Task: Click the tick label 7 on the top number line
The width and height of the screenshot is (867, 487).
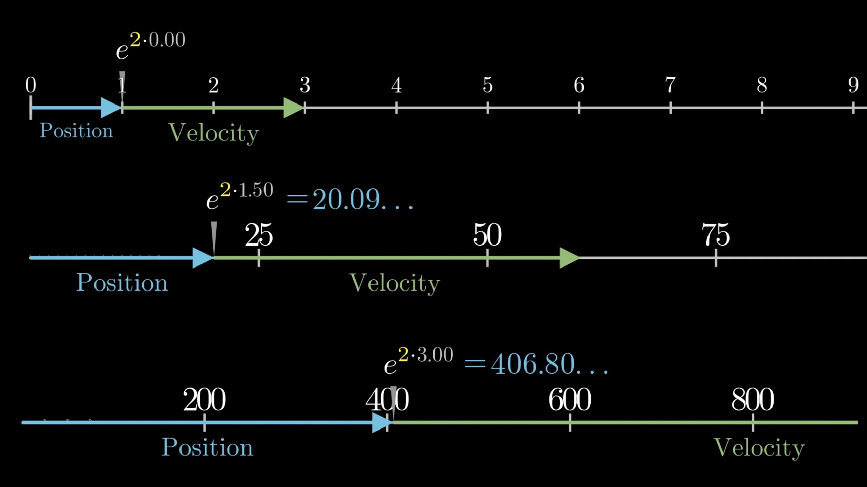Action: click(670, 85)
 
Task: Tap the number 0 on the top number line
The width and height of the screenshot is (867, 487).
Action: click(31, 85)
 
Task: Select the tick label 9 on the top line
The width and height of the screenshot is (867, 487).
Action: click(853, 85)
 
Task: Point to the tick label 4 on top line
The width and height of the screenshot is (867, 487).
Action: click(396, 85)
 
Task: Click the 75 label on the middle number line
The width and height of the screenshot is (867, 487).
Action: click(716, 235)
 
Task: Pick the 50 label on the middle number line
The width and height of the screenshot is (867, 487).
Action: click(487, 235)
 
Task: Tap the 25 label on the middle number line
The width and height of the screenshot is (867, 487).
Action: click(259, 235)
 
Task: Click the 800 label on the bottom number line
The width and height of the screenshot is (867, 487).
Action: click(753, 399)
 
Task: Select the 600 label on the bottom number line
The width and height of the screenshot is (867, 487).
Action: click(570, 399)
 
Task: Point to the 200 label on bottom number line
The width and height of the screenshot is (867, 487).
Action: click(204, 399)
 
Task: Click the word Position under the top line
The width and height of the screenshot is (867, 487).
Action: click(76, 131)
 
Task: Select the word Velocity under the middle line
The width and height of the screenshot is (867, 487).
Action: click(395, 283)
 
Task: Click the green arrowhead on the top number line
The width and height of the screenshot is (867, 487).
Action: click(294, 108)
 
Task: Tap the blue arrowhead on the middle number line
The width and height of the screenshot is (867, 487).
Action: click(203, 258)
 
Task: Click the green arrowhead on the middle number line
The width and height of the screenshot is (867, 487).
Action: click(570, 258)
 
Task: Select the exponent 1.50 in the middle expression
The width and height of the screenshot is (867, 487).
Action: click(256, 190)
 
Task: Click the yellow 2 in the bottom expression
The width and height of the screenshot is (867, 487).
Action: click(403, 354)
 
